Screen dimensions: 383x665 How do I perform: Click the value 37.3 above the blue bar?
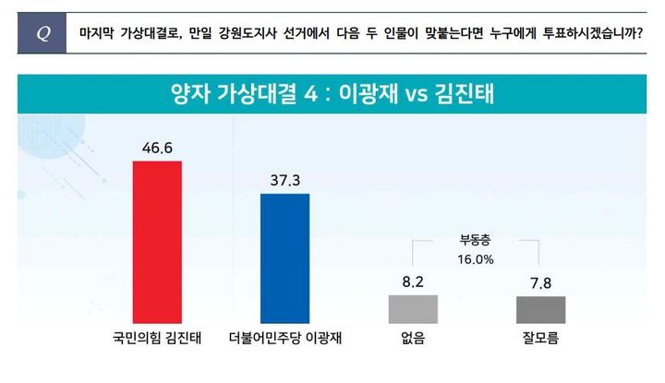(x=285, y=179)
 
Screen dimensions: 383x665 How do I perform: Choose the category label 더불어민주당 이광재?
(x=285, y=339)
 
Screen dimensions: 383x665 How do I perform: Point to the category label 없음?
(x=414, y=339)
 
